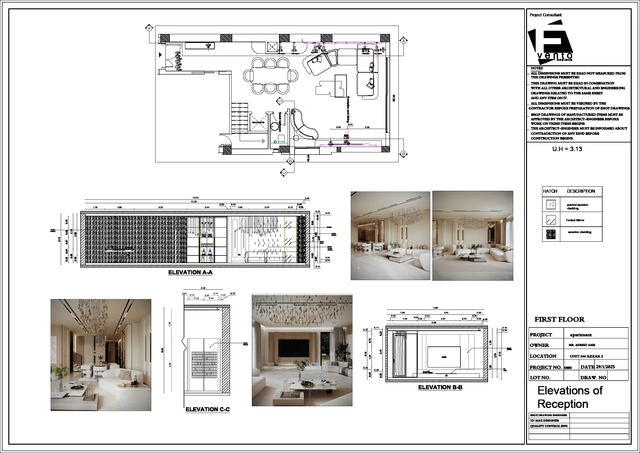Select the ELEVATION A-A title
190,272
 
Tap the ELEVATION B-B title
440,387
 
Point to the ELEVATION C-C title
207,409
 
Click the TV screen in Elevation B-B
444,357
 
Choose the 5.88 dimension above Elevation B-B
435,308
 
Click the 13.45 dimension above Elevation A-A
195,198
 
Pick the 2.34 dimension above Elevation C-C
203,288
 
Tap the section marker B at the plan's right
404,154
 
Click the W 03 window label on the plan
394,98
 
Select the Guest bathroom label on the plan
280,122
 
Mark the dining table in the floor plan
270,76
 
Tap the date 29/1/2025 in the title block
605,367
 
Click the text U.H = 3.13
567,149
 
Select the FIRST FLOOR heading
559,320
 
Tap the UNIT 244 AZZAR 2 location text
586,356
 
